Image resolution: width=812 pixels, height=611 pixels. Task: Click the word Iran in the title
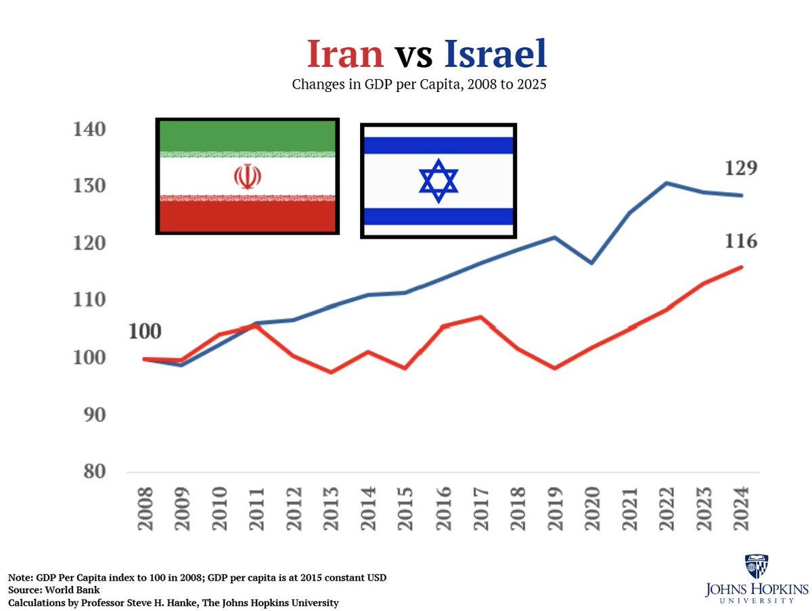345,54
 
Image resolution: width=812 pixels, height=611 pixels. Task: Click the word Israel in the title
495,54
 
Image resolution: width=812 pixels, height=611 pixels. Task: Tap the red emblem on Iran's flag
247,177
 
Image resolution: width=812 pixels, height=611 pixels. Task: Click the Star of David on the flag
438,181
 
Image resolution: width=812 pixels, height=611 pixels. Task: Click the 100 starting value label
145,332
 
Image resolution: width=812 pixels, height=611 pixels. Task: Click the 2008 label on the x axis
145,508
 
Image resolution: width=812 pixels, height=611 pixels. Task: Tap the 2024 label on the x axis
742,508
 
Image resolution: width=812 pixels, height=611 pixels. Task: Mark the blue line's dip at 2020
592,263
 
